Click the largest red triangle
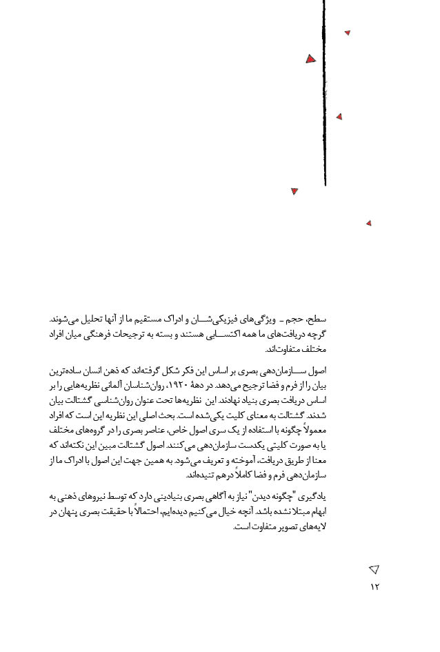pos(310,59)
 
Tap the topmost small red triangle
pos(348,32)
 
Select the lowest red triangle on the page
pos(369,223)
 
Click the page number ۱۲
pos(374,586)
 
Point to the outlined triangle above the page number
pos(374,569)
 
